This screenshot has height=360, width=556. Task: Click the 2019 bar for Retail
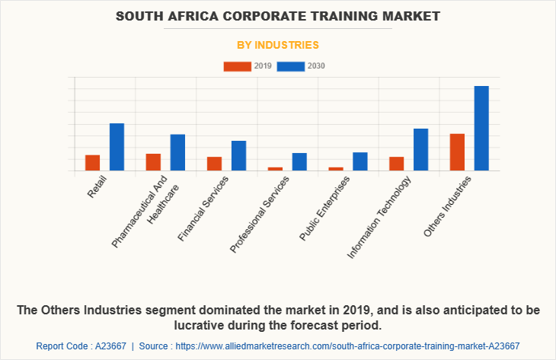[x=93, y=163]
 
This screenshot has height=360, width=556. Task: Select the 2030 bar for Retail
[x=117, y=147]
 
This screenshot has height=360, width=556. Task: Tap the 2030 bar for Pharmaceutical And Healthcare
[x=177, y=152]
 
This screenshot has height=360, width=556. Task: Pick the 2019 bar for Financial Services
[x=214, y=164]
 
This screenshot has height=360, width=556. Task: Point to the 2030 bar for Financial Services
[x=238, y=155]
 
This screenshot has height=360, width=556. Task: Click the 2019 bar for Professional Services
[x=275, y=169]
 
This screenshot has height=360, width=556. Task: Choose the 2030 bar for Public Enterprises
[x=360, y=161]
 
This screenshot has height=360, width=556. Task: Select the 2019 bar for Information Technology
[x=396, y=164]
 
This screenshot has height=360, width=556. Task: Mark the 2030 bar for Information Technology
[x=420, y=149]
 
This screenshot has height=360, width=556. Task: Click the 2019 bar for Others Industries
[x=457, y=152]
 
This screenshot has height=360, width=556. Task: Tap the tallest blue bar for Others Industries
[x=481, y=128]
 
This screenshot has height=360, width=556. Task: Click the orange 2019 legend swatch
[x=238, y=66]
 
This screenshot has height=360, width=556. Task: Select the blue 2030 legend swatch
[x=291, y=66]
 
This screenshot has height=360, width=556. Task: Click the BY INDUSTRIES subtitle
[x=278, y=45]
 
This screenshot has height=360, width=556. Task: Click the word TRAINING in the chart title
[x=331, y=15]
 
